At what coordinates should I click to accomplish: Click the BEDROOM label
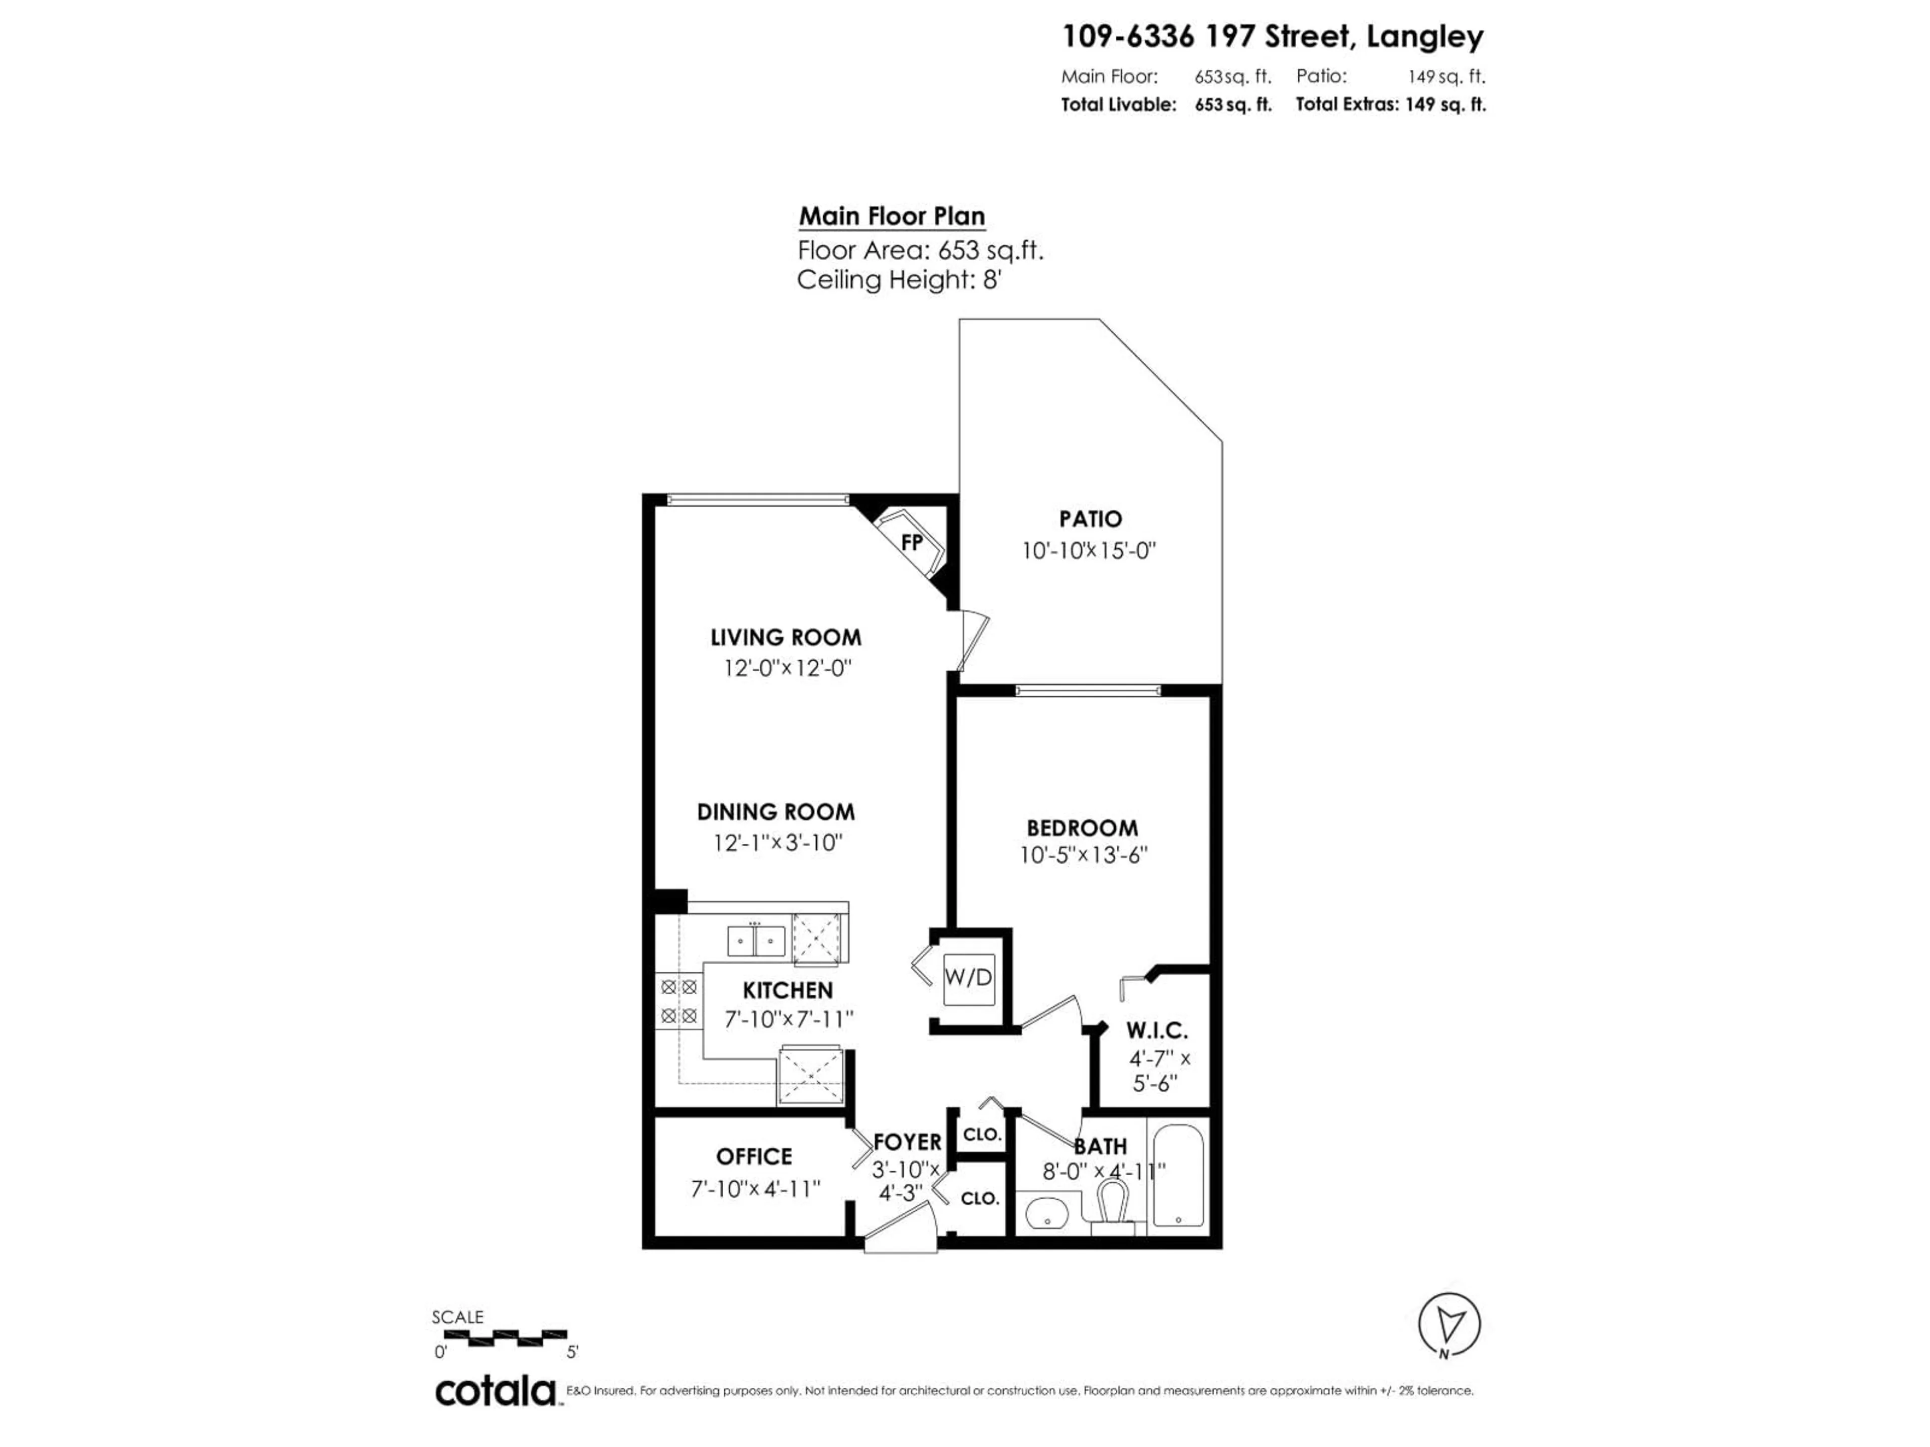pos(1082,828)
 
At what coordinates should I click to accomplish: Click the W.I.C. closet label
pos(1157,1031)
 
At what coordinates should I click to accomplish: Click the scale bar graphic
pos(506,1336)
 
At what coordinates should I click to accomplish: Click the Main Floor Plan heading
pos(892,217)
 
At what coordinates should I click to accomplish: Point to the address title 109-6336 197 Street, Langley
pos(1272,37)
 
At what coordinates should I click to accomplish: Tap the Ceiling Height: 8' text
pos(898,280)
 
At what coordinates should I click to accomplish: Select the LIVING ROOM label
pos(785,638)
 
